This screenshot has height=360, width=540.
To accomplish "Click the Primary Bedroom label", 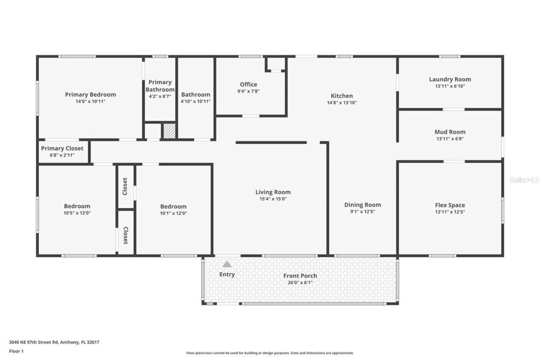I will pyautogui.click(x=90, y=95).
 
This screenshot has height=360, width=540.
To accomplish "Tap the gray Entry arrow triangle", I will pyautogui.click(x=227, y=264).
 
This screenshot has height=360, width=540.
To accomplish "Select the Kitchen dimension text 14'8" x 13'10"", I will pyautogui.click(x=342, y=103).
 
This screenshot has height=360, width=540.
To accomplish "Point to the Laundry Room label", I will pyautogui.click(x=450, y=79).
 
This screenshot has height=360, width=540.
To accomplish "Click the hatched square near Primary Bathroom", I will pyautogui.click(x=169, y=130).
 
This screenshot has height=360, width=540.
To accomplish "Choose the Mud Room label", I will pyautogui.click(x=450, y=132).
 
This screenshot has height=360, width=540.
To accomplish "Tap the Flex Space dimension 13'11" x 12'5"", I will pyautogui.click(x=450, y=212).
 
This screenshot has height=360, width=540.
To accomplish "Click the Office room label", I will pyautogui.click(x=248, y=84).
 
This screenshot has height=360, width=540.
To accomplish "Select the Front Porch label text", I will pyautogui.click(x=300, y=276).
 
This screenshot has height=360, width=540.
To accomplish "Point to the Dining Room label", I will pyautogui.click(x=362, y=205).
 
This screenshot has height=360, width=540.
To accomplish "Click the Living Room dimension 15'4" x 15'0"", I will pyautogui.click(x=273, y=199).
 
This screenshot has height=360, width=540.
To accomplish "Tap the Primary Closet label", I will pyautogui.click(x=62, y=149).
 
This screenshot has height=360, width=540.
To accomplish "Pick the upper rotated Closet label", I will pyautogui.click(x=125, y=186).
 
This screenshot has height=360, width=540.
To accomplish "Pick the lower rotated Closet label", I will pyautogui.click(x=125, y=235).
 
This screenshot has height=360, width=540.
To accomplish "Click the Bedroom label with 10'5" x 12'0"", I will pyautogui.click(x=77, y=206).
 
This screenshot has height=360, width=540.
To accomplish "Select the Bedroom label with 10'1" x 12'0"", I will pyautogui.click(x=173, y=206).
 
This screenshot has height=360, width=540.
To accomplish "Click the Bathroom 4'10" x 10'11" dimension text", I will pyautogui.click(x=196, y=102).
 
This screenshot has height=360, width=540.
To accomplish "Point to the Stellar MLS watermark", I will pyautogui.click(x=524, y=180).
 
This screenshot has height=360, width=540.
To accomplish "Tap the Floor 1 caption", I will pyautogui.click(x=16, y=351).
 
